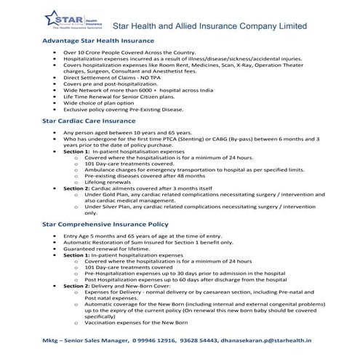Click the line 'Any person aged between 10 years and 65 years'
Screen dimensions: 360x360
point(121,135)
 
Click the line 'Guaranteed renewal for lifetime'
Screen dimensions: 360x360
point(108,249)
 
